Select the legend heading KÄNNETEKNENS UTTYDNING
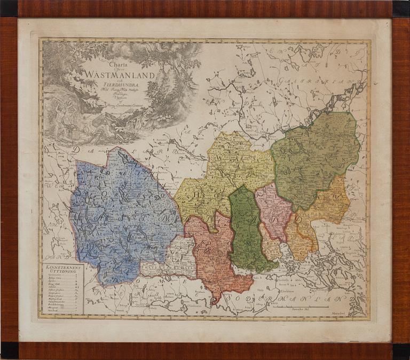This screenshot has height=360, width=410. (x=63, y=269)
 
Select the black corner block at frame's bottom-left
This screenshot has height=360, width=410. (x=9, y=350)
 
